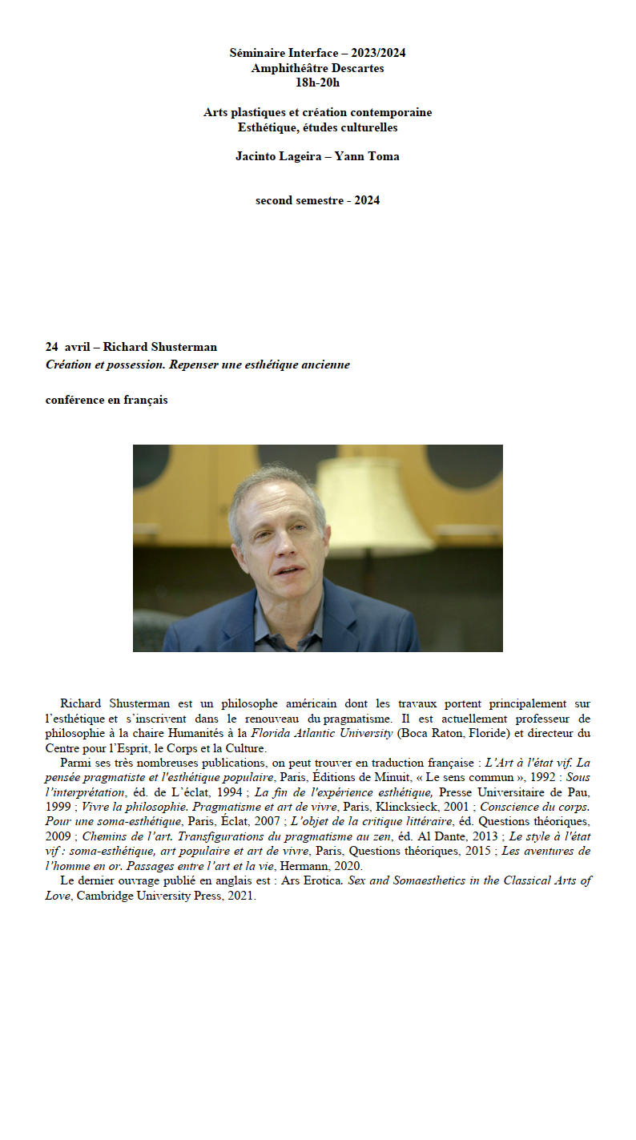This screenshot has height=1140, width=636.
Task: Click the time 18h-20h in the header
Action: (317, 83)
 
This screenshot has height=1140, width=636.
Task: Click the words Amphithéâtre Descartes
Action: (317, 68)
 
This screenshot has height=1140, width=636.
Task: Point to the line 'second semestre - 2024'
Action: (317, 200)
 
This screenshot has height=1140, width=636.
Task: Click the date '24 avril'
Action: (67, 347)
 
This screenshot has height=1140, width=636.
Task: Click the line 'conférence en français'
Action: (107, 400)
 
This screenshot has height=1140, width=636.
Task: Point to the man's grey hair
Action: (276, 485)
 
